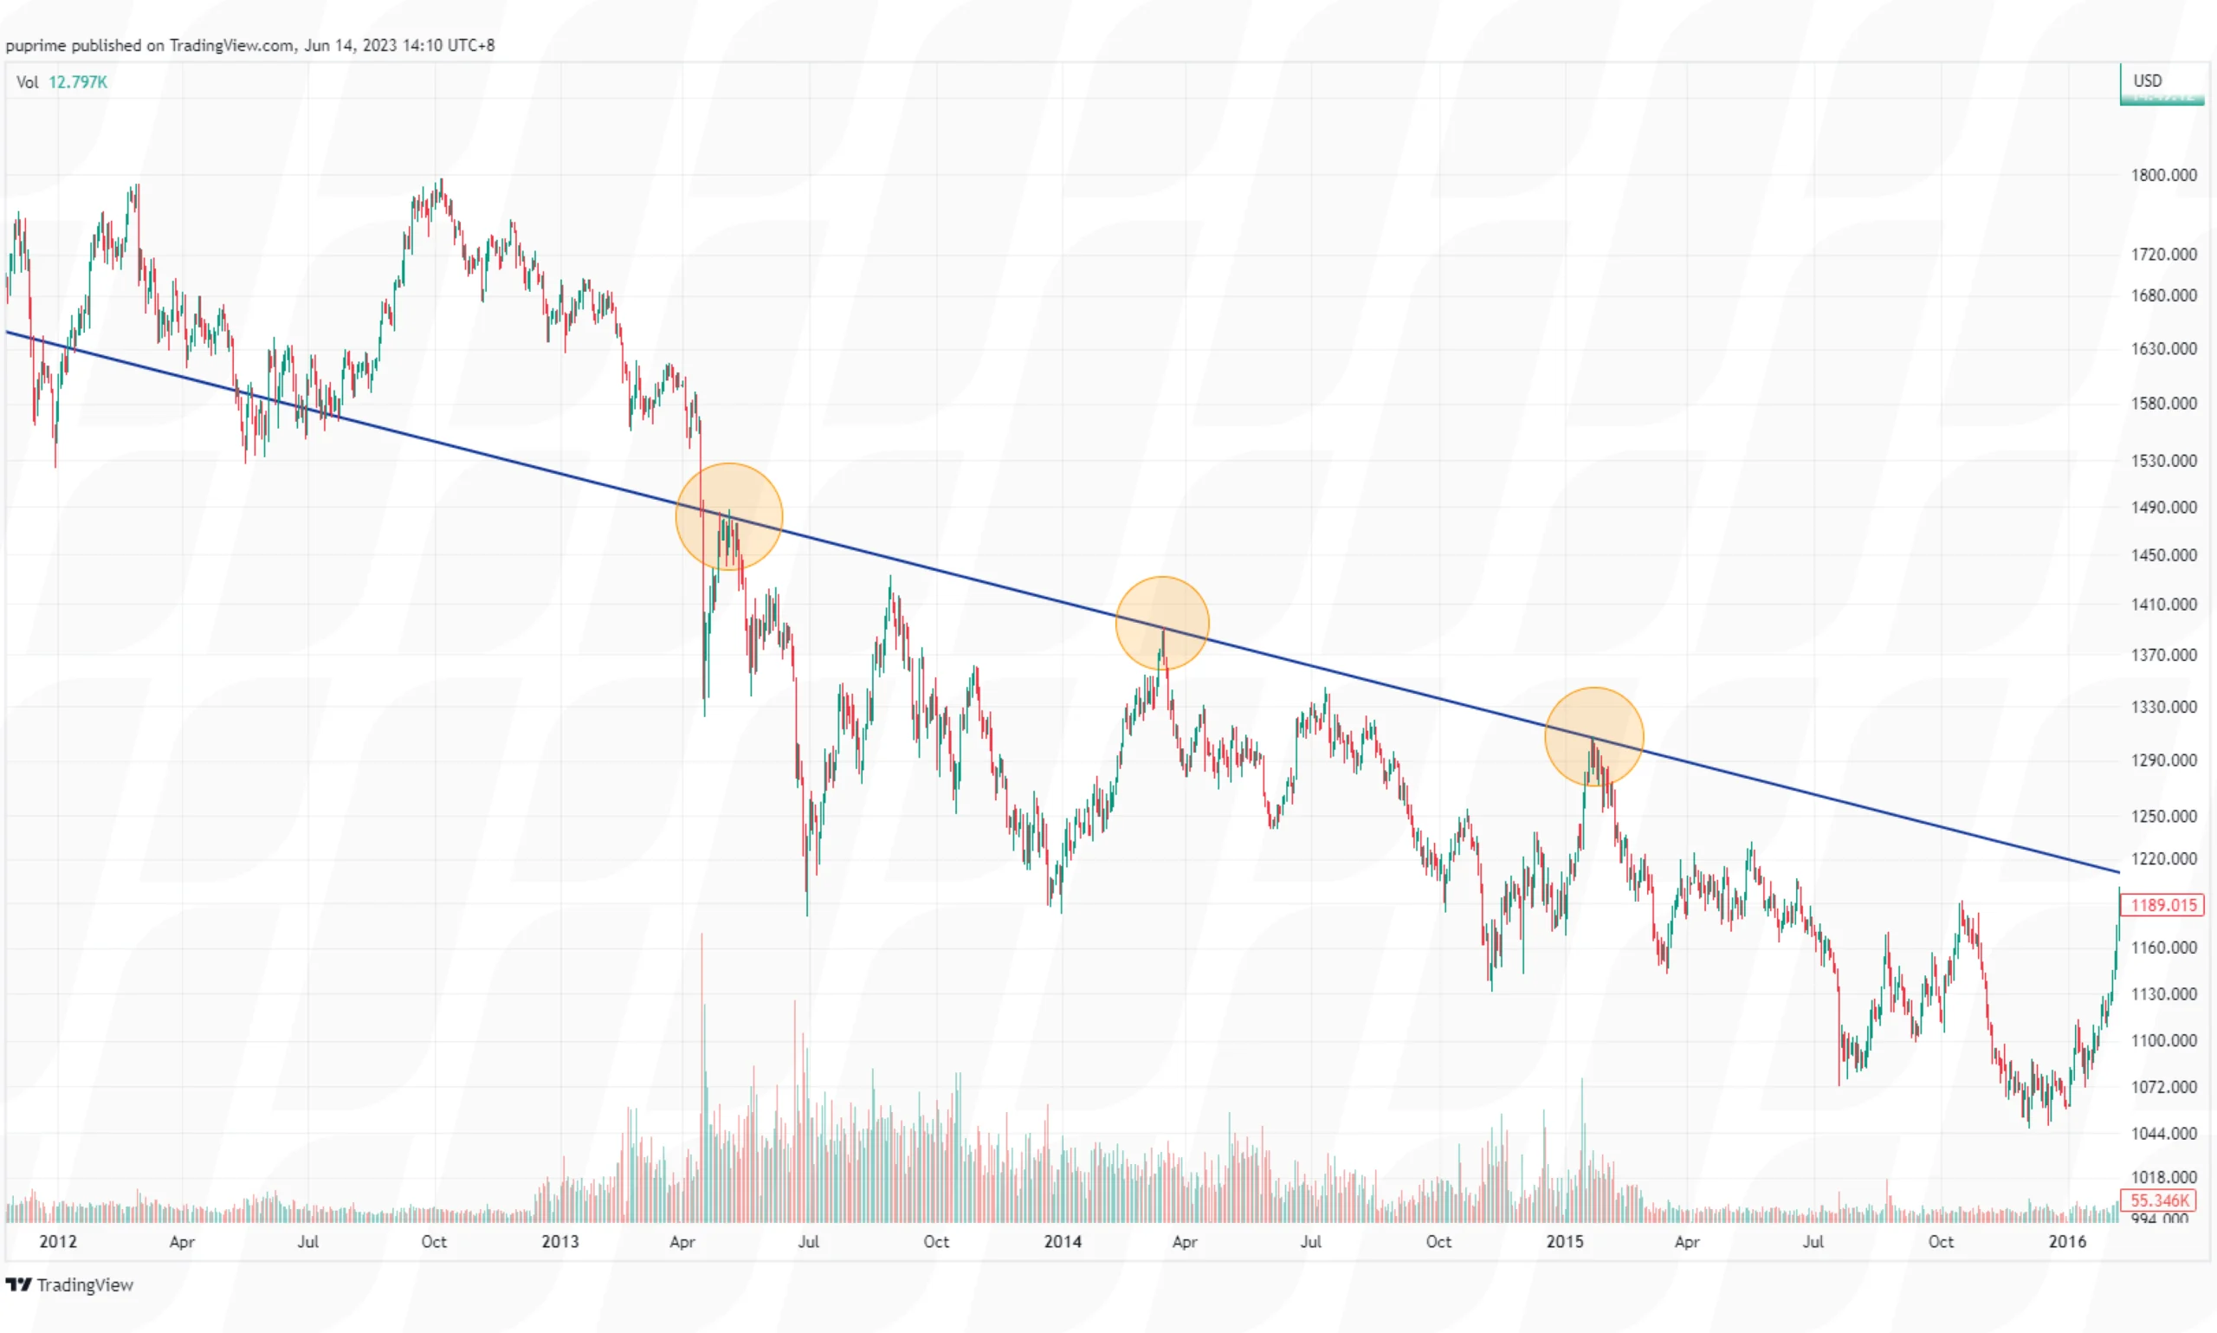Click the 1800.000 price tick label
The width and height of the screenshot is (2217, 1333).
pyautogui.click(x=2163, y=175)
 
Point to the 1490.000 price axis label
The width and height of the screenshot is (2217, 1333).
pyautogui.click(x=2163, y=508)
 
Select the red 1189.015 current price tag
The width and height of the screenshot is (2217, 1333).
pyautogui.click(x=2163, y=904)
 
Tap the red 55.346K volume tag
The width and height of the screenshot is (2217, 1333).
pyautogui.click(x=2160, y=1200)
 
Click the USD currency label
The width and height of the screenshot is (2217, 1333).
pyautogui.click(x=2147, y=81)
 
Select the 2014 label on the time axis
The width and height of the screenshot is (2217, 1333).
pyautogui.click(x=1063, y=1241)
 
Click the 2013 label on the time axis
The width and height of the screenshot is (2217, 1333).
pyautogui.click(x=559, y=1241)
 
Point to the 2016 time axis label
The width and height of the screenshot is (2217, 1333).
pyautogui.click(x=2067, y=1241)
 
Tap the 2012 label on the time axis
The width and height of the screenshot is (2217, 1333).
pyautogui.click(x=57, y=1241)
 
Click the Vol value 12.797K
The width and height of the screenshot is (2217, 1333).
pyautogui.click(x=77, y=82)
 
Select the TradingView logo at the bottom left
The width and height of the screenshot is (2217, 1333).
pyautogui.click(x=69, y=1284)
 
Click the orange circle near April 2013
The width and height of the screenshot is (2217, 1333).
pyautogui.click(x=729, y=516)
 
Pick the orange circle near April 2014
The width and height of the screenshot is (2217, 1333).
pyautogui.click(x=1162, y=624)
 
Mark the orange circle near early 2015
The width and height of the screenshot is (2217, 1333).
pyautogui.click(x=1593, y=736)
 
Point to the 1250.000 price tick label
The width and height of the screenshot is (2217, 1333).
pyautogui.click(x=2163, y=817)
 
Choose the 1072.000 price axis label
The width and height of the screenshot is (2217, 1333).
pyautogui.click(x=2163, y=1087)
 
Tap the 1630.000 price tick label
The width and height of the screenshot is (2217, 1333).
pyautogui.click(x=2163, y=348)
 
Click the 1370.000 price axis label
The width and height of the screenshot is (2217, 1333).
pyautogui.click(x=2163, y=655)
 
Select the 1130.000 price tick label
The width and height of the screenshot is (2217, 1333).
pyautogui.click(x=2163, y=994)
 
